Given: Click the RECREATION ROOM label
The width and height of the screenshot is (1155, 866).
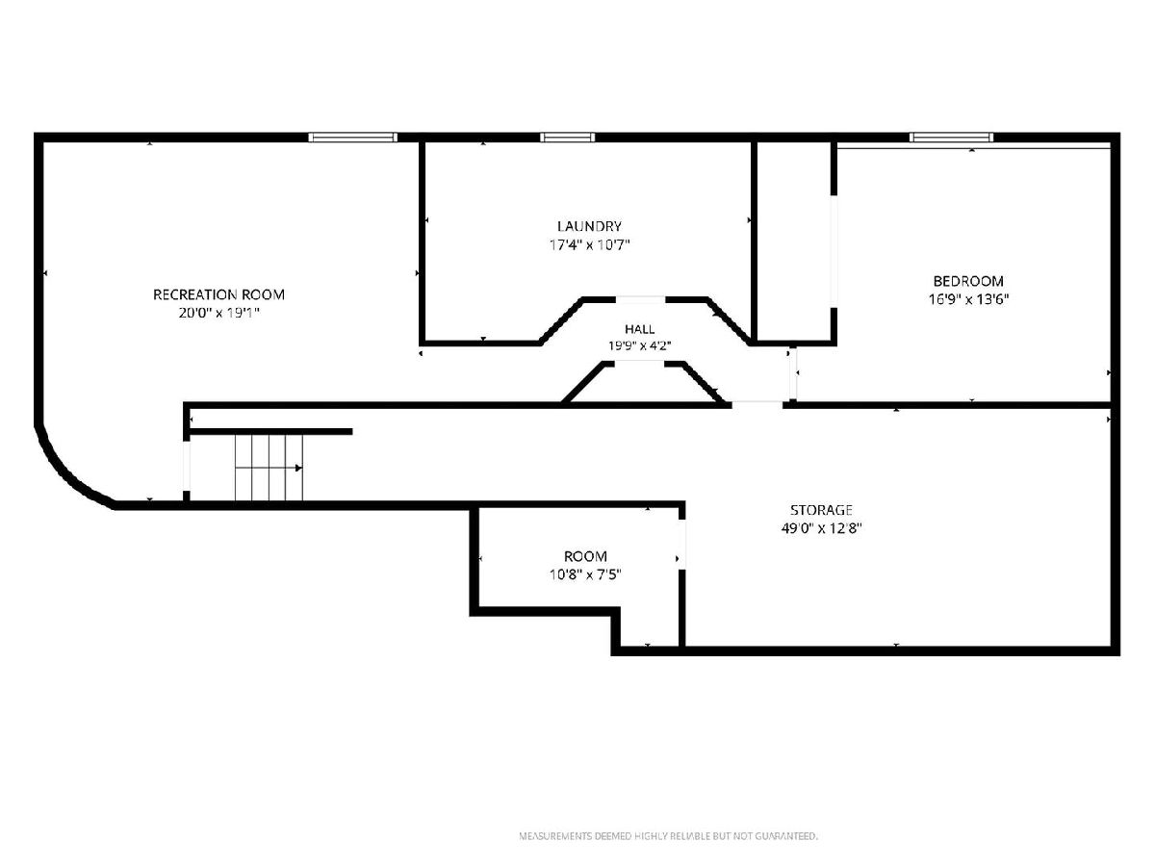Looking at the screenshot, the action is tap(218, 294).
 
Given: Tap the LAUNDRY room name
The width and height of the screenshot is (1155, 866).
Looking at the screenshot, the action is tap(589, 226).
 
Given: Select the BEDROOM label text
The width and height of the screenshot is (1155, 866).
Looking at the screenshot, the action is tap(968, 281).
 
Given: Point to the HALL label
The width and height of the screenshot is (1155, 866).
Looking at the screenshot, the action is tap(639, 329).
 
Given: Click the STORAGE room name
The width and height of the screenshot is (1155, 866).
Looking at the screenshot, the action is tap(821, 510).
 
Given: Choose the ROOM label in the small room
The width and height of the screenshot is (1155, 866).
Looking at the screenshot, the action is tap(585, 556).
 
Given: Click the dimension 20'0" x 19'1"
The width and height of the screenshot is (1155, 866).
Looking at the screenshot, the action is tap(218, 313).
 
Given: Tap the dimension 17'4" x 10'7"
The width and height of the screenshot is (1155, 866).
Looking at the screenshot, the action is tap(589, 244).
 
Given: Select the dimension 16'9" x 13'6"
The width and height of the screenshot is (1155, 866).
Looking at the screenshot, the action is tap(968, 299).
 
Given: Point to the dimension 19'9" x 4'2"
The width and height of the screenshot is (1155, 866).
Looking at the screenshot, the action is tap(639, 345).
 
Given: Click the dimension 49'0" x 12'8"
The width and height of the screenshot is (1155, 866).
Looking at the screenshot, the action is tap(821, 528).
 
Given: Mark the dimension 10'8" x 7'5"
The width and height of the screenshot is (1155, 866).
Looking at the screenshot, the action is tap(585, 574).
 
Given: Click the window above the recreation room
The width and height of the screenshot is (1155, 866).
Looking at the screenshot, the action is tap(352, 138).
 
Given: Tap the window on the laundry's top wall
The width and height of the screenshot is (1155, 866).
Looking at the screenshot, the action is tap(568, 138).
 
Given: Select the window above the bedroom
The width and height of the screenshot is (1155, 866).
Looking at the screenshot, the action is tap(951, 138).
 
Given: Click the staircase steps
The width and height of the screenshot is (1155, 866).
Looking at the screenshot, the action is tap(269, 468).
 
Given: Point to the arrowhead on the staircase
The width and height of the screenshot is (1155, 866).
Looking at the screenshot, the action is tap(299, 468).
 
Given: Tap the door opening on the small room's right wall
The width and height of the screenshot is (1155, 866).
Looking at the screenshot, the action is tap(682, 545).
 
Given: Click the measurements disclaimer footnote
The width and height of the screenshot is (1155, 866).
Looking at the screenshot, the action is tap(668, 835).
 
